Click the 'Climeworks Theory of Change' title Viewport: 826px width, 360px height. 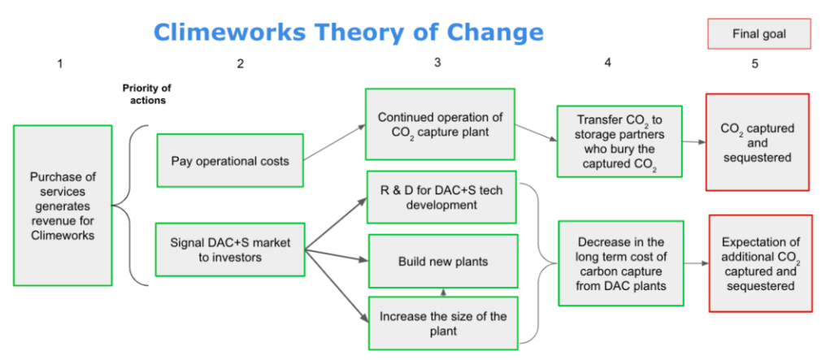348,33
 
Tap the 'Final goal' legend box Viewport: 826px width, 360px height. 759,34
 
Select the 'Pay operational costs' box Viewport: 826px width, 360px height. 230,161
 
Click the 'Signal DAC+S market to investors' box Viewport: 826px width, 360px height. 230,249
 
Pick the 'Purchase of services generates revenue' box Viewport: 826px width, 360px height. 63,206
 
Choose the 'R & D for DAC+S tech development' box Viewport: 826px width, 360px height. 442,197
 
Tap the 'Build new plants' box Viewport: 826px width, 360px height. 442,262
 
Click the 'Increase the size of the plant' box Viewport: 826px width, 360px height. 442,323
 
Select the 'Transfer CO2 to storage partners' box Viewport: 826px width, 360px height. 619,141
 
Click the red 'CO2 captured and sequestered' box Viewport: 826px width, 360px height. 757,143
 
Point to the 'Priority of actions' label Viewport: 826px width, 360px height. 146,94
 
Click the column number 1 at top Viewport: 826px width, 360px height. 59,63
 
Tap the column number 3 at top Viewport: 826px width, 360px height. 437,62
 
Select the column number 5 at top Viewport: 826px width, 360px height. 754,63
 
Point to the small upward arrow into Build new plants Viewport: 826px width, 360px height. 442,292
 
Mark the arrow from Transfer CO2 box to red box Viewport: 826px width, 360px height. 693,141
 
